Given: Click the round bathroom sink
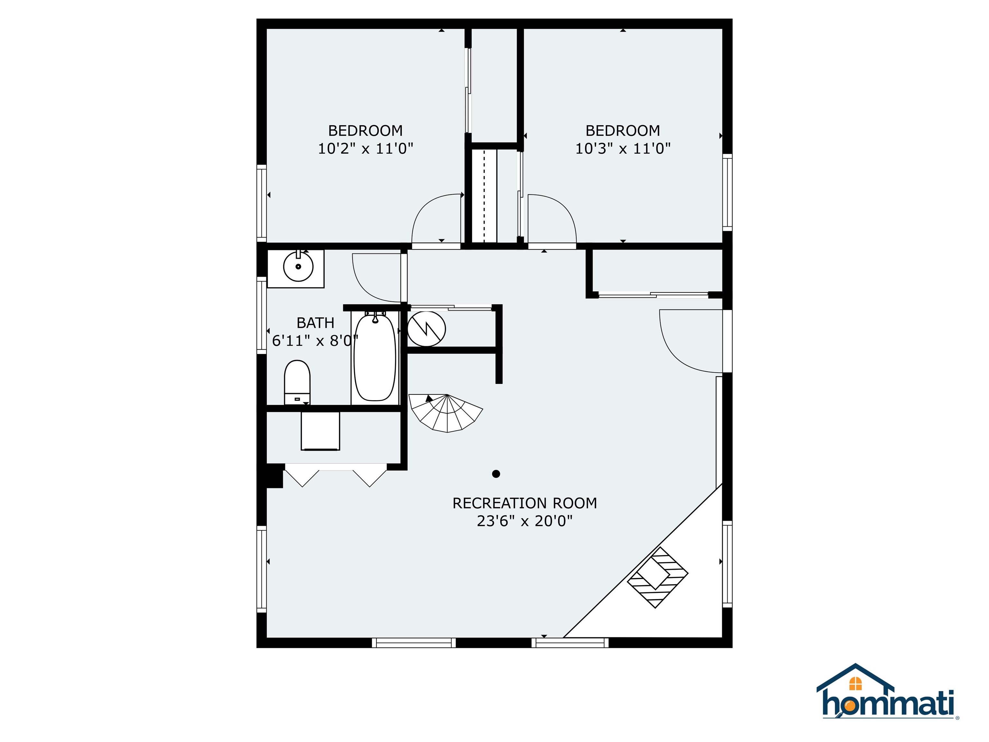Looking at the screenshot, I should coord(298,267).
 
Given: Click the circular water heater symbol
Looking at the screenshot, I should coord(427,329).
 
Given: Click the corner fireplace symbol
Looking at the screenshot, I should coord(658,577).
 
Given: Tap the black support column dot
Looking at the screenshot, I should coord(496,474).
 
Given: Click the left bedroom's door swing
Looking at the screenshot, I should coord(436,219).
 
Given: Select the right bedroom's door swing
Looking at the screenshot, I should coord(552,219).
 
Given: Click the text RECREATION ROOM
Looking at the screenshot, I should coord(524,503).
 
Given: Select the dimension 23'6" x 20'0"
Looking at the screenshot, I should coord(524,521).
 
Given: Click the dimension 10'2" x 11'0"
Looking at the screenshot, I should coord(365,148).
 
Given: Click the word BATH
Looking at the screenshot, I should coord(315,323).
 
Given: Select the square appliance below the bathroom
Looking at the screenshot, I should coord(320,431).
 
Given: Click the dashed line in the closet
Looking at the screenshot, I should coord(484,197).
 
